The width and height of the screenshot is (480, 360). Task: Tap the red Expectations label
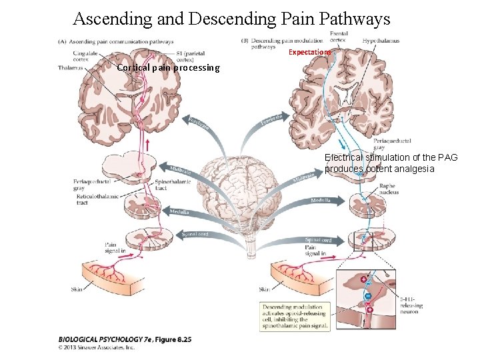[310, 52]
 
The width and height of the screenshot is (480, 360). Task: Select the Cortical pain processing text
[168, 68]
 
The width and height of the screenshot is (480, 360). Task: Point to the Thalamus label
[70, 67]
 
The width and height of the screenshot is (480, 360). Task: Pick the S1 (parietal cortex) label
[191, 57]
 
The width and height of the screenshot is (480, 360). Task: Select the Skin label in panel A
[78, 289]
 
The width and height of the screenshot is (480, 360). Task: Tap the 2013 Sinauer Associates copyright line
[97, 347]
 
